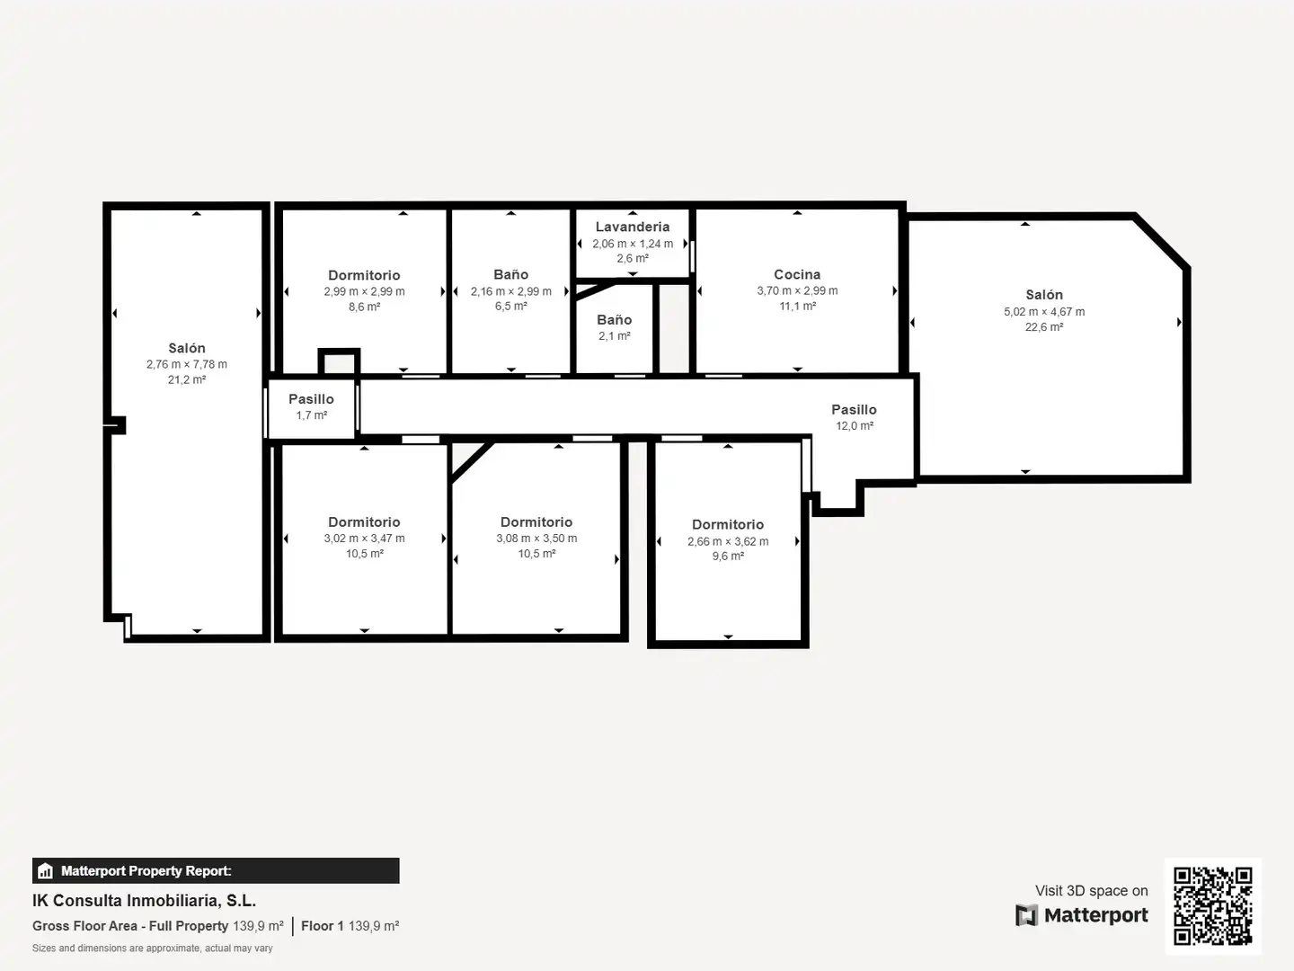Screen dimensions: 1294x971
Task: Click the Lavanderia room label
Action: pos(633,227)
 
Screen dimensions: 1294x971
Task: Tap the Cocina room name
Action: pos(797,275)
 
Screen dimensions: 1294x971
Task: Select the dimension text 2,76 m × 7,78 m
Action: pos(187,364)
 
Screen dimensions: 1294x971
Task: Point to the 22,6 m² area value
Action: pos(1044,327)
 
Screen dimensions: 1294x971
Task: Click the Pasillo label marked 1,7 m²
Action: pos(311,399)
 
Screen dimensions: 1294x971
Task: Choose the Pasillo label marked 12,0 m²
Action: pos(854,410)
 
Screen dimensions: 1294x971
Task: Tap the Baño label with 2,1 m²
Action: pos(615,320)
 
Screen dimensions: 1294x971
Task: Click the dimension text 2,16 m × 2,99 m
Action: pos(511,291)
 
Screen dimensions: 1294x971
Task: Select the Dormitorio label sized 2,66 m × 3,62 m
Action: pos(728,525)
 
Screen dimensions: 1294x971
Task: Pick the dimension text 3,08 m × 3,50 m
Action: pos(536,539)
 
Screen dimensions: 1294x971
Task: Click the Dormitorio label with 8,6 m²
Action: pos(364,275)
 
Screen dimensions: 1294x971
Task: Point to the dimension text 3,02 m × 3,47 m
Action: pos(364,539)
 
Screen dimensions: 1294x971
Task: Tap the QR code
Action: pos(1212,905)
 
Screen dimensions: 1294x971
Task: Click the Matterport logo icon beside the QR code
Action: pos(1026,915)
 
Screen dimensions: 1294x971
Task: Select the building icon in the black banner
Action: pos(46,871)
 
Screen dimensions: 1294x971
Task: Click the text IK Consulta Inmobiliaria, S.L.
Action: pos(145,901)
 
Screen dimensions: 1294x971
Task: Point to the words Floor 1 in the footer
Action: pos(322,926)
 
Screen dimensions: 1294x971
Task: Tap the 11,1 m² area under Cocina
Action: pos(798,307)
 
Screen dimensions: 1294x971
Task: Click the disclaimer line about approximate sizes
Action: pos(153,948)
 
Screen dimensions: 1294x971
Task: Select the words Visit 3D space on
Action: pos(1091,891)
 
